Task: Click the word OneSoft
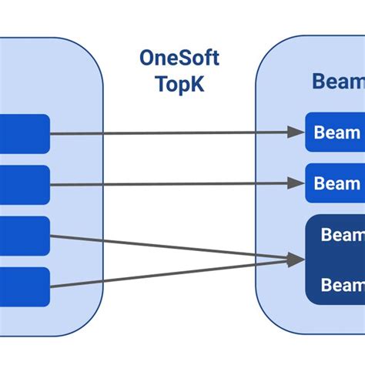click(x=179, y=58)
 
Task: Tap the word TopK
click(x=179, y=83)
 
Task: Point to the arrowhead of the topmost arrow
click(x=296, y=132)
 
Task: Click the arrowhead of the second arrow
click(x=296, y=183)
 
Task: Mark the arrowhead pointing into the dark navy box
click(x=296, y=260)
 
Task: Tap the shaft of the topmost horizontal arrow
click(x=169, y=133)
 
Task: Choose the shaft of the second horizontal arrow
click(x=169, y=184)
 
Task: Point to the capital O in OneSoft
click(x=149, y=58)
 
